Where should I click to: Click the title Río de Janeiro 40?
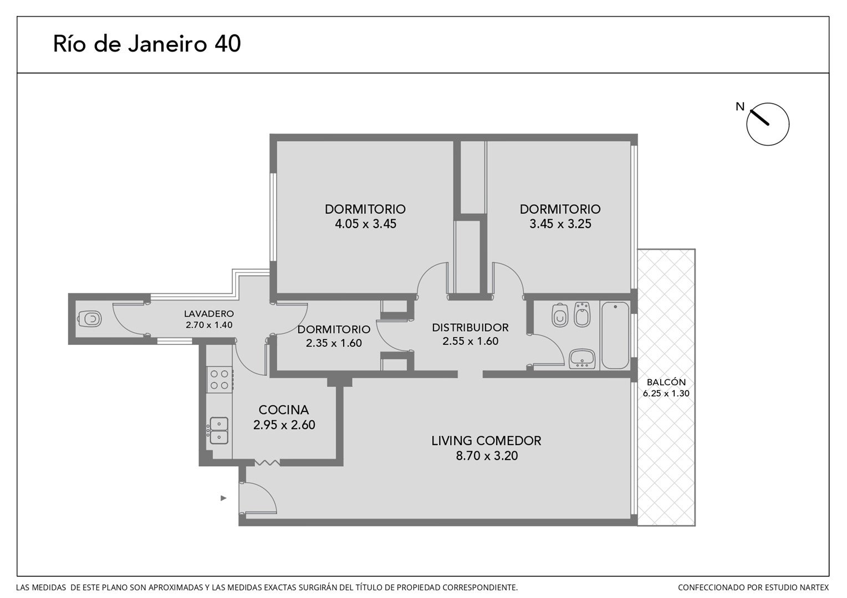click(x=147, y=44)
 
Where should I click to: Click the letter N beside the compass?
click(x=740, y=107)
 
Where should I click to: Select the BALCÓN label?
click(x=666, y=382)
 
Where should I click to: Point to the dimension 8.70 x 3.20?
click(x=487, y=456)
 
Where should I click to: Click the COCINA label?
click(x=284, y=410)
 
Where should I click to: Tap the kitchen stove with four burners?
click(x=220, y=380)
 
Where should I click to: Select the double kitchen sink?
click(x=219, y=430)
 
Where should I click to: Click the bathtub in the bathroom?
click(x=615, y=334)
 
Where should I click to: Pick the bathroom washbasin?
click(x=582, y=358)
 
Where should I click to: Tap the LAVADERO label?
click(x=209, y=313)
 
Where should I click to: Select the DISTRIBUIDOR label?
click(x=470, y=328)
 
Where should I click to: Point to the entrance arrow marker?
click(x=223, y=498)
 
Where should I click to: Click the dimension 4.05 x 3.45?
click(x=365, y=224)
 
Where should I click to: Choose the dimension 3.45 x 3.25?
click(x=560, y=224)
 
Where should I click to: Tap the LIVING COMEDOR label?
click(x=486, y=441)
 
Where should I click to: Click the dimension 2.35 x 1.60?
click(x=334, y=343)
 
